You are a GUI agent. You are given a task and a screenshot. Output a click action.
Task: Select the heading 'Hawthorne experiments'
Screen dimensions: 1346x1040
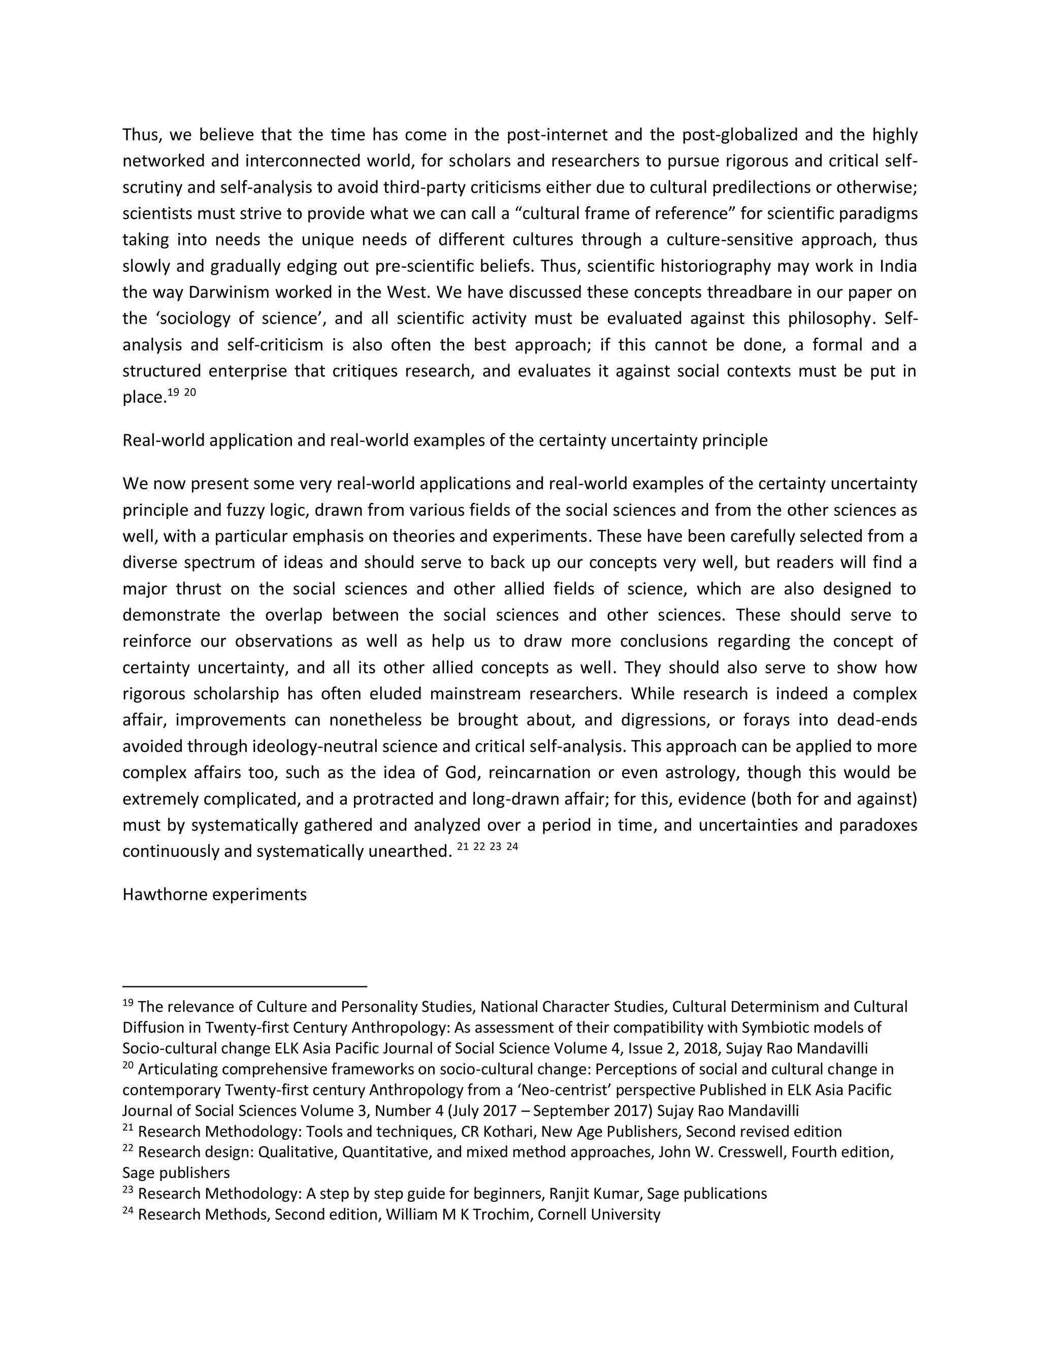point(214,894)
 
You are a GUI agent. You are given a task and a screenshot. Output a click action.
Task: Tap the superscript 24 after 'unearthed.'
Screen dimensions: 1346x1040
point(511,847)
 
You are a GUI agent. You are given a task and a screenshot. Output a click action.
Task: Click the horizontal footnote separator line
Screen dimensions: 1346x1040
point(245,986)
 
